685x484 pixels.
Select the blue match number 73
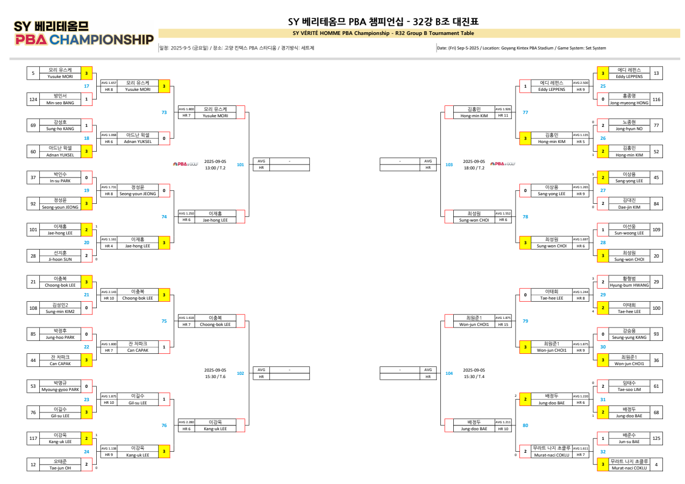tap(164, 112)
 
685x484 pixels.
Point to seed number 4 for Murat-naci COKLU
tap(656, 465)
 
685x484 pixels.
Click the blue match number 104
tap(449, 373)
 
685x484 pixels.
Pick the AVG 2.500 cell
tap(580, 83)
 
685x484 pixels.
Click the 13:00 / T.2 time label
tap(215, 168)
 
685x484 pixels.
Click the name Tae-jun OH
tap(60, 468)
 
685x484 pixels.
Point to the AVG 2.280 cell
tap(186, 422)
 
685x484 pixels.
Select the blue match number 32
tap(603, 452)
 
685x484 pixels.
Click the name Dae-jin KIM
tap(629, 207)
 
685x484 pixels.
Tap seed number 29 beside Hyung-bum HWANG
tap(656, 282)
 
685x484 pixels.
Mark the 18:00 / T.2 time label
tap(474, 168)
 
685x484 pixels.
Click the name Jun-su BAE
tap(629, 442)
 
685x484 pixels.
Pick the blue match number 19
tap(87, 190)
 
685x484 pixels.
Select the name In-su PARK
tap(60, 181)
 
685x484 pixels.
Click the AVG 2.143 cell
tap(109, 291)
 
